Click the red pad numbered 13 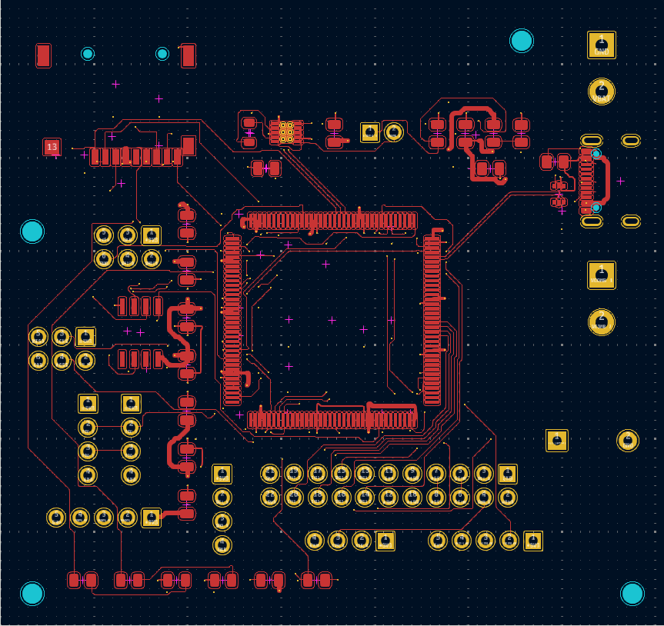pos(52,146)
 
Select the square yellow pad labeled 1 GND pos(602,45)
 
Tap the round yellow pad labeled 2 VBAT pos(602,92)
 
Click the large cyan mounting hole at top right pos(522,41)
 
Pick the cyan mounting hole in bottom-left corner pos(32,594)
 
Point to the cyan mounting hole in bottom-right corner pos(632,594)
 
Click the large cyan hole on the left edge pos(32,231)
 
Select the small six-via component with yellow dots pos(286,132)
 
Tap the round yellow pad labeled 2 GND pos(628,441)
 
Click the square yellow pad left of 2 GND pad pos(556,441)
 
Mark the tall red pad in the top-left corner pos(43,55)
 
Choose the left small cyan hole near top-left pos(88,54)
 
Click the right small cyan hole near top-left pos(162,54)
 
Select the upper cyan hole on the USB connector pos(596,154)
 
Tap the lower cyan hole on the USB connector pos(596,207)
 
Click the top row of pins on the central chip pos(331,221)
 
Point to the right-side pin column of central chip pos(432,320)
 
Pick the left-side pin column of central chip pos(232,320)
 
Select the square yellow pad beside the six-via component pos(370,132)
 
